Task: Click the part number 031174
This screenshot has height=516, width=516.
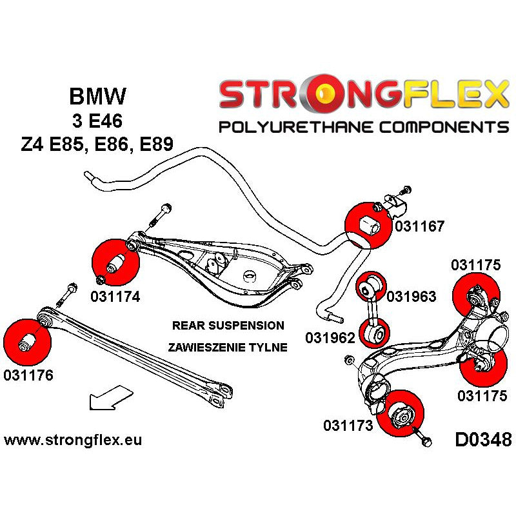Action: point(116,297)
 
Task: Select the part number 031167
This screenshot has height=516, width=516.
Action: point(419,226)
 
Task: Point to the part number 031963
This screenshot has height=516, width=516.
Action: point(411,297)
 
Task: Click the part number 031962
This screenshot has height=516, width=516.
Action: point(329,337)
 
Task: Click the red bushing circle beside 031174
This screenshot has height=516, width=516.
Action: point(116,263)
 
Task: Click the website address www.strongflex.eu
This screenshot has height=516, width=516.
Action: point(73,441)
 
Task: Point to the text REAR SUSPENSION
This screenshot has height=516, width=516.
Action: point(228,325)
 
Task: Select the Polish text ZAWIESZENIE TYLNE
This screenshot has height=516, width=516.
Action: point(228,347)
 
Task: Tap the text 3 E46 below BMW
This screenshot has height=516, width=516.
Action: point(97,121)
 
